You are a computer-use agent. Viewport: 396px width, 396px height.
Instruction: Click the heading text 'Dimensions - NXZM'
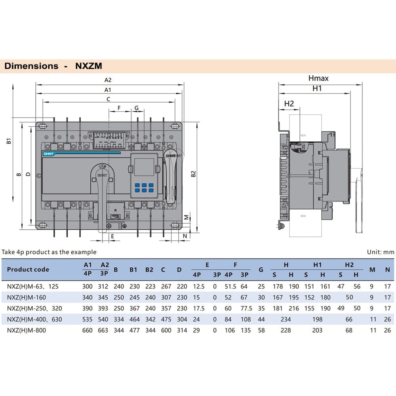point(53,66)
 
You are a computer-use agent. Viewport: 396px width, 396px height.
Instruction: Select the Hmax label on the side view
point(318,78)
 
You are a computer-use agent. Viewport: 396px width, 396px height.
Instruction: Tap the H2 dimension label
point(289,104)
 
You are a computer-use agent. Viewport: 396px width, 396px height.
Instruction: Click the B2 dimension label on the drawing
point(193,174)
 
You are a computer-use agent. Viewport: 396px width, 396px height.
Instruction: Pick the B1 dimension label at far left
point(8,141)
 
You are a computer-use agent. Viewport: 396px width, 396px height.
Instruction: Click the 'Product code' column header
point(28,269)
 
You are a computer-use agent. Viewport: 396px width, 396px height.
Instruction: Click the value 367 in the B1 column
point(135,308)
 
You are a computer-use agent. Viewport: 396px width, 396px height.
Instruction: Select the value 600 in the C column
point(166,330)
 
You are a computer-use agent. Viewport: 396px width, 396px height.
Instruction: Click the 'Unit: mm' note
point(380,252)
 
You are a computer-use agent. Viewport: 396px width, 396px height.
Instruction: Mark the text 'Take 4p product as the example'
point(49,252)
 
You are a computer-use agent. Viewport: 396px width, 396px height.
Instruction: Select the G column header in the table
point(261,269)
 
